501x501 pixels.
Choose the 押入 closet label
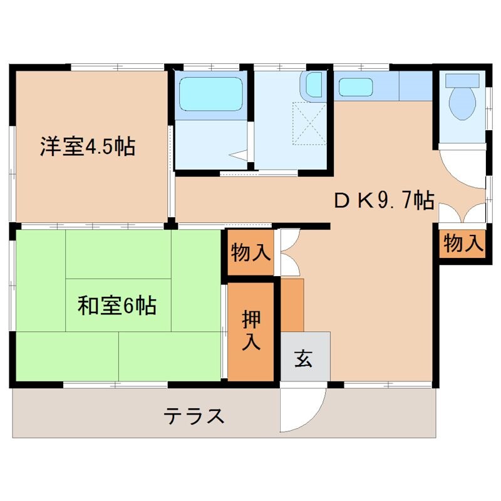click(251, 331)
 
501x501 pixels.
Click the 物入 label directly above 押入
click(250, 253)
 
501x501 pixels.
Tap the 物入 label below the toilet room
click(463, 243)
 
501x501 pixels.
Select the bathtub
click(211, 94)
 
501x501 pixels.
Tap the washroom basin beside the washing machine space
click(314, 85)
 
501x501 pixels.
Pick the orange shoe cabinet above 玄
click(292, 306)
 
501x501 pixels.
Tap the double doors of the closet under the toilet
click(463, 214)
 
